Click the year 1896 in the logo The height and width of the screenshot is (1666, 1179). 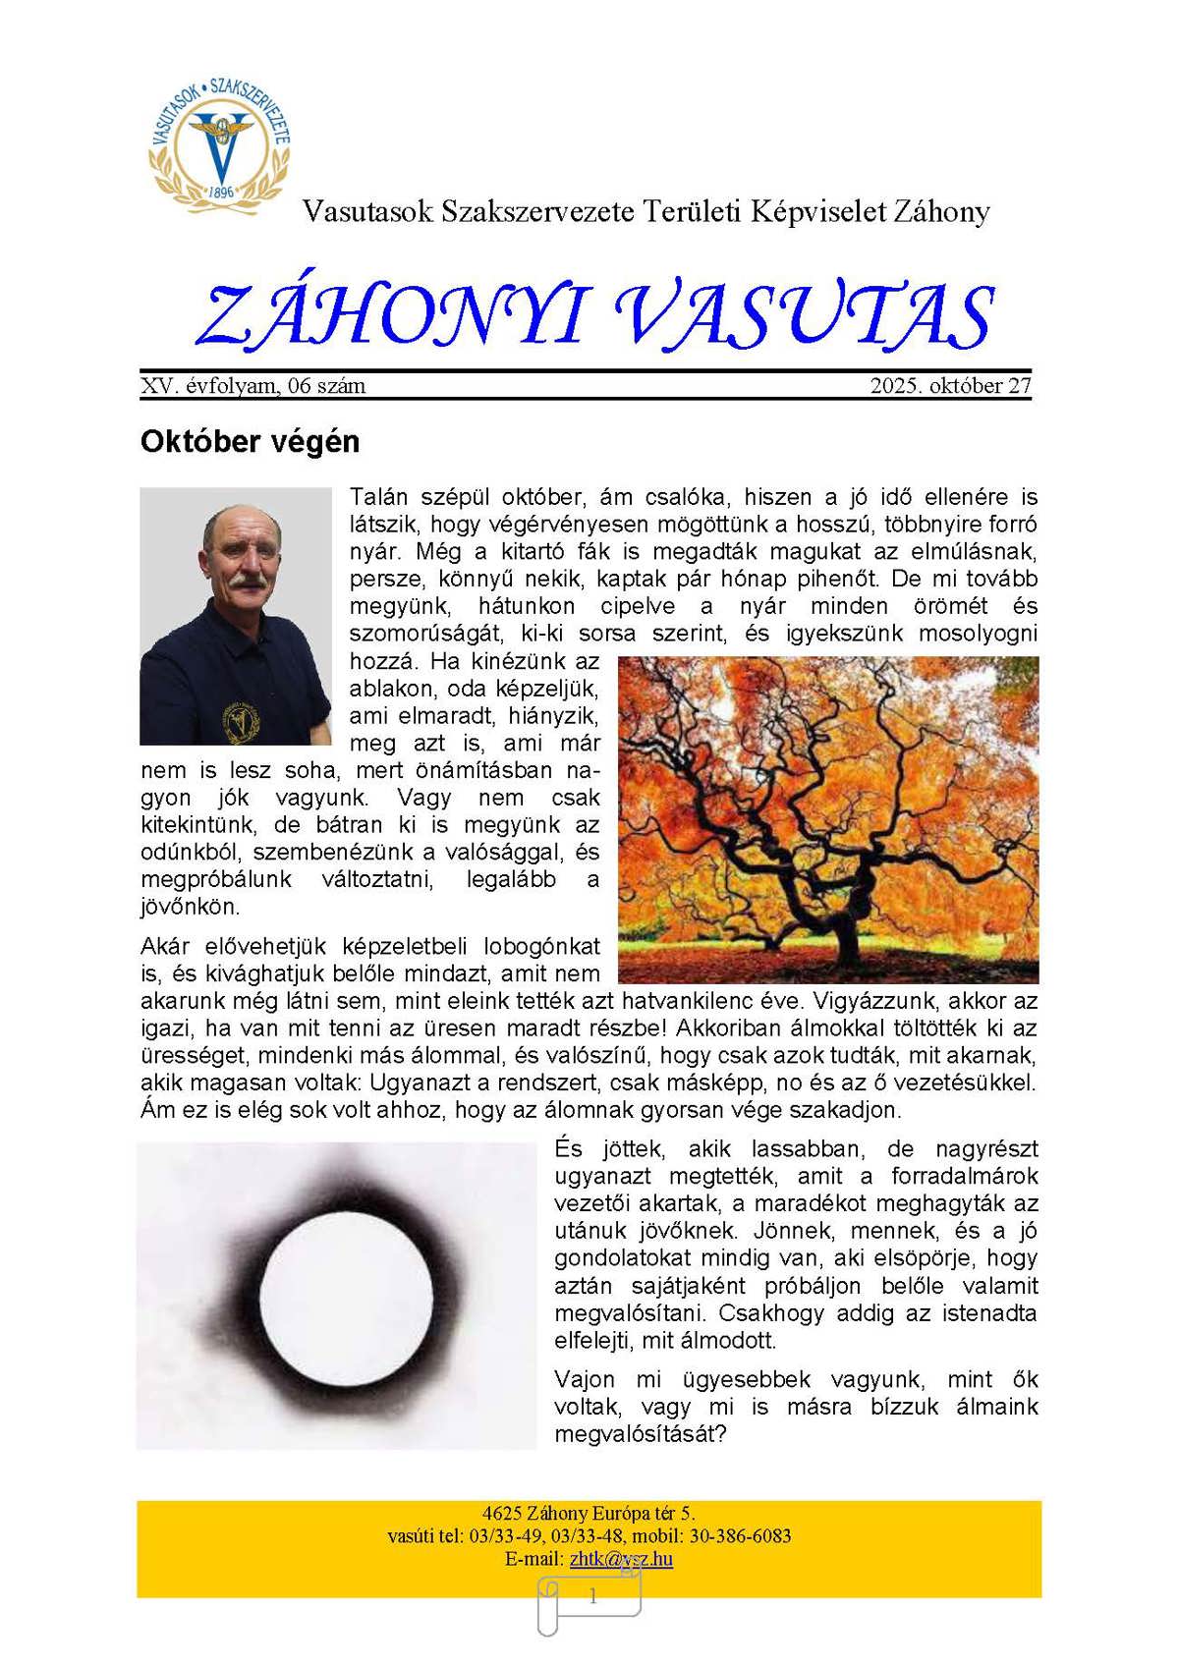tap(222, 193)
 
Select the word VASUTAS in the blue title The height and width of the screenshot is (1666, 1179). tap(804, 316)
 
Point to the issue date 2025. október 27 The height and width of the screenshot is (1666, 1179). tap(950, 386)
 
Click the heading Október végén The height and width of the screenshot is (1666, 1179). tap(251, 442)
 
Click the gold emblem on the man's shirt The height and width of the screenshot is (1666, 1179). tap(237, 721)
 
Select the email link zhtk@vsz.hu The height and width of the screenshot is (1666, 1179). tap(621, 1559)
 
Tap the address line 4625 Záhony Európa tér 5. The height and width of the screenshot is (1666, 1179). tap(589, 1514)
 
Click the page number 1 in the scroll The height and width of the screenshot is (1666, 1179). tap(592, 1597)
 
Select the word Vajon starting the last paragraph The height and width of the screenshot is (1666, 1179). tap(585, 1380)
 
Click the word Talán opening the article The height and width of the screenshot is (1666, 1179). tap(378, 497)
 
